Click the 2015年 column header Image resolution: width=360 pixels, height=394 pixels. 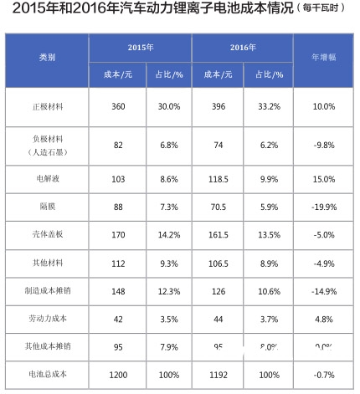pyautogui.click(x=140, y=49)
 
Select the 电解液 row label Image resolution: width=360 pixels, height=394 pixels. pyautogui.click(x=47, y=179)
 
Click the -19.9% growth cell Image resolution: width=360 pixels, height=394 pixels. pyautogui.click(x=324, y=207)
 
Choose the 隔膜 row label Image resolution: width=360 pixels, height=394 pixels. pyautogui.click(x=47, y=207)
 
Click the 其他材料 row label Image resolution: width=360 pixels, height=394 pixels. pyautogui.click(x=47, y=262)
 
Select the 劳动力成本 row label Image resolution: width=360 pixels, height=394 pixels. pyautogui.click(x=47, y=318)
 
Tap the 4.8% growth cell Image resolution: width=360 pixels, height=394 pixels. pyautogui.click(x=324, y=318)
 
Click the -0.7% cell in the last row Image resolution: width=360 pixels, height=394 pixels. pyautogui.click(x=324, y=373)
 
